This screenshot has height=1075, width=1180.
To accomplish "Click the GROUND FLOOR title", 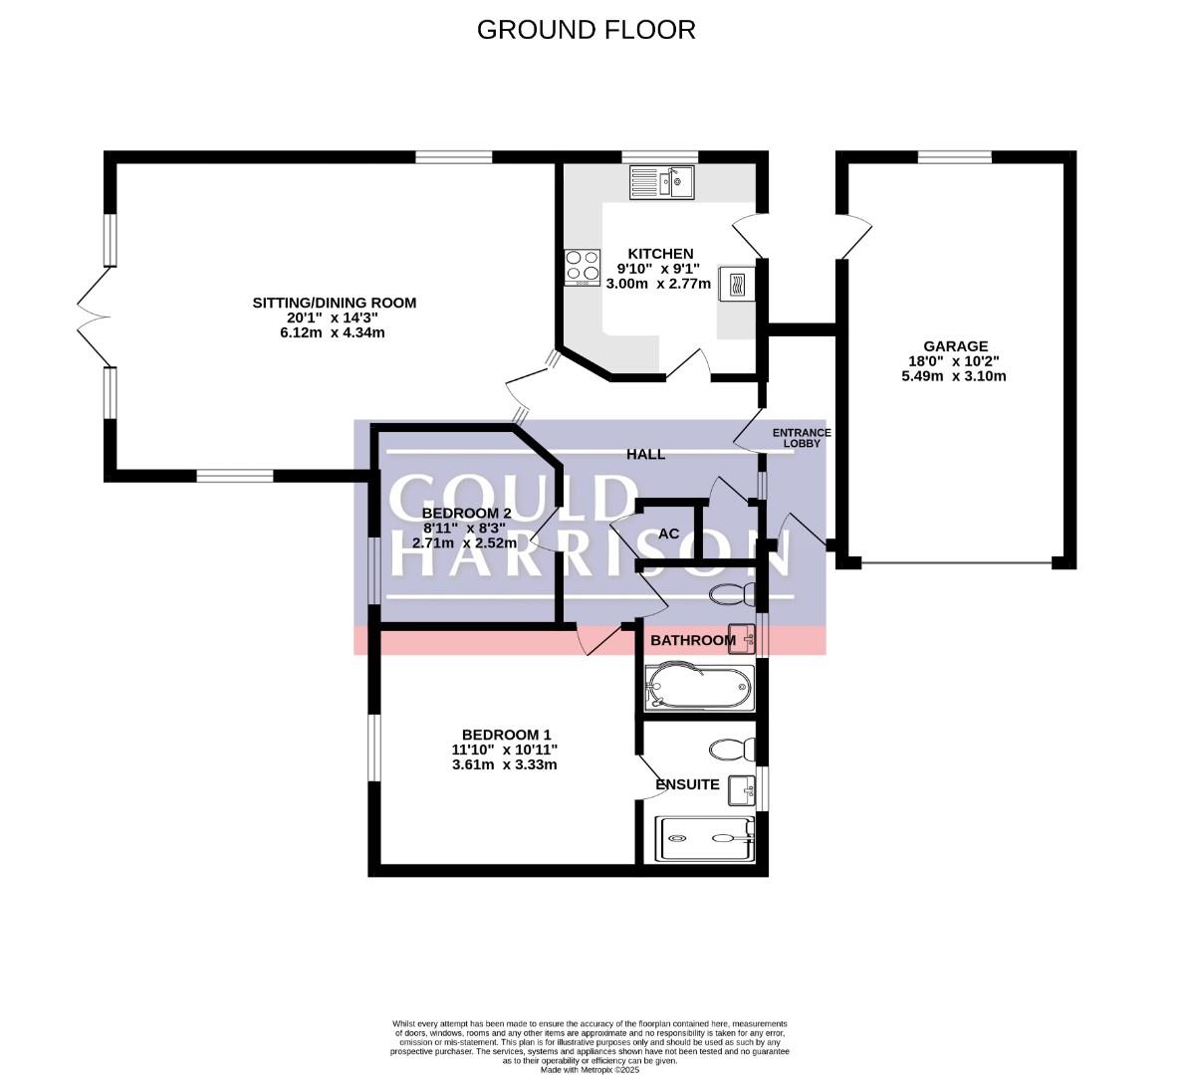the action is click(587, 29).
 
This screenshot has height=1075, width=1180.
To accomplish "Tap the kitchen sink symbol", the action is click(662, 182).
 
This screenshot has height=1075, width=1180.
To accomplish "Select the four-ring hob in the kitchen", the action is click(583, 267).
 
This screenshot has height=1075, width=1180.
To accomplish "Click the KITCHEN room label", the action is click(661, 254).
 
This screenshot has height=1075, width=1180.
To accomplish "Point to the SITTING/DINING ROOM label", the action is click(335, 303).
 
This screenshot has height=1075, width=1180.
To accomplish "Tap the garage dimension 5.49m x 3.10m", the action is click(954, 376).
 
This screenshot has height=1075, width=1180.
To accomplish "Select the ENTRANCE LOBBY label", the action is click(802, 438).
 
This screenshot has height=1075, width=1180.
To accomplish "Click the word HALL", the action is click(645, 454).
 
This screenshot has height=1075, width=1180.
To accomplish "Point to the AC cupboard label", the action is click(668, 534).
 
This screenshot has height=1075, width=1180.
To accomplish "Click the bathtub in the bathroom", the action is click(699, 686).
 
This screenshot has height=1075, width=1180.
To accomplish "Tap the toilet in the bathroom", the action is click(733, 593).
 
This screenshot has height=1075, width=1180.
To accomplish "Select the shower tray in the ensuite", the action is click(705, 839).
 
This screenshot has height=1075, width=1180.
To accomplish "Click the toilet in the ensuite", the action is click(733, 749).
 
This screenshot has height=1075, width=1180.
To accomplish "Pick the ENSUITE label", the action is click(688, 784).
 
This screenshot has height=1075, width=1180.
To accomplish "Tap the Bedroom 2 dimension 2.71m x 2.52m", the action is click(464, 542).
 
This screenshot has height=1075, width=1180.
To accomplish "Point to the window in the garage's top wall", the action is click(954, 156).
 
